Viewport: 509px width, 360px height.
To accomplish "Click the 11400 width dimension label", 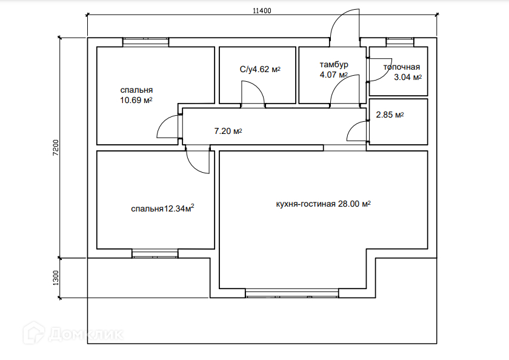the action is (x=261, y=10).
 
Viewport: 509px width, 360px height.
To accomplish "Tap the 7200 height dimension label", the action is (x=55, y=148).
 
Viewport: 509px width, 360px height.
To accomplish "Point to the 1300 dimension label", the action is (x=55, y=278).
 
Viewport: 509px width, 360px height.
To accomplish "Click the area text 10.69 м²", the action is (x=136, y=100).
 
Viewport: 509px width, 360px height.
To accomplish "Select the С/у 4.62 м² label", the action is (x=260, y=70).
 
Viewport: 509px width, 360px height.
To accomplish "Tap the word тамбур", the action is (x=333, y=64).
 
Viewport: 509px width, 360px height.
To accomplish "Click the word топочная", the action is (x=401, y=67).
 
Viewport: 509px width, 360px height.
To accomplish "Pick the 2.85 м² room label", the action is (x=390, y=115).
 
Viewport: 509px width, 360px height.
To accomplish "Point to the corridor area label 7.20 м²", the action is (x=228, y=130).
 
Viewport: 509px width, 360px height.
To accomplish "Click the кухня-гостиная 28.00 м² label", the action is (x=323, y=204).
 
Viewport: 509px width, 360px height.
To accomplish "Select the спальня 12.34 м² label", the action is (x=162, y=209).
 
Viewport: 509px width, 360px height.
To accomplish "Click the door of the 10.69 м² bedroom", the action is (x=169, y=129).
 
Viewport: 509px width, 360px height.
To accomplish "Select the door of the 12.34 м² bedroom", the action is (x=196, y=159).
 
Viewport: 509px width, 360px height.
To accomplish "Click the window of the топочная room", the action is (x=400, y=41).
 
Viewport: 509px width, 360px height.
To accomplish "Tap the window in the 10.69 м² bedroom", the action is (x=145, y=42).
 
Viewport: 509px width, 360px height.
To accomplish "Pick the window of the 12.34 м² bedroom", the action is (x=155, y=254).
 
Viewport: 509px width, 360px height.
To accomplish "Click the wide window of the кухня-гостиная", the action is (x=293, y=293).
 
